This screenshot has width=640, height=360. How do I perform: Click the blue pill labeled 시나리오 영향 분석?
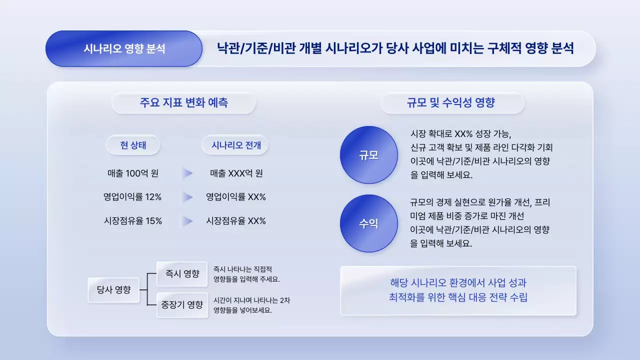click(124, 49)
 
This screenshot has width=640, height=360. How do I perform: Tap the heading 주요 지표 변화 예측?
click(183, 103)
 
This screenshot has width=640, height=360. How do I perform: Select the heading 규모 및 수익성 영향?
click(451, 103)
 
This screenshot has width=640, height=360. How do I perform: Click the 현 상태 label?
click(132, 145)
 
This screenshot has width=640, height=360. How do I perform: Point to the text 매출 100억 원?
click(133, 173)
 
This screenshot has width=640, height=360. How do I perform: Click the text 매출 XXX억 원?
click(236, 173)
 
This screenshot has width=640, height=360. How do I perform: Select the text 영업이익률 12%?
click(132, 197)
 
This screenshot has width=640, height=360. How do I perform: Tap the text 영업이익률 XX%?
click(236, 197)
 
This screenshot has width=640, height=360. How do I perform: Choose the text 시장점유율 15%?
click(132, 220)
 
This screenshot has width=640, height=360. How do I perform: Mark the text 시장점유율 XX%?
click(236, 220)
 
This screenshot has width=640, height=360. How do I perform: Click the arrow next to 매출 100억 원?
click(187, 173)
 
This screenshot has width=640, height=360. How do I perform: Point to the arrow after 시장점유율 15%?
click(187, 220)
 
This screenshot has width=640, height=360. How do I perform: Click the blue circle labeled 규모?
click(368, 155)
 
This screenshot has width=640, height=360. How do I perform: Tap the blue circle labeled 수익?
click(368, 223)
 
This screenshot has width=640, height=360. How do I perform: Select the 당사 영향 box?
click(113, 289)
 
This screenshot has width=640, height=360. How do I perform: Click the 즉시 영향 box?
click(182, 273)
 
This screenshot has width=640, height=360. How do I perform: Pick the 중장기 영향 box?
click(182, 305)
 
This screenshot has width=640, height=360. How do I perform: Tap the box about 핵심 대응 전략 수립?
click(458, 290)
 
